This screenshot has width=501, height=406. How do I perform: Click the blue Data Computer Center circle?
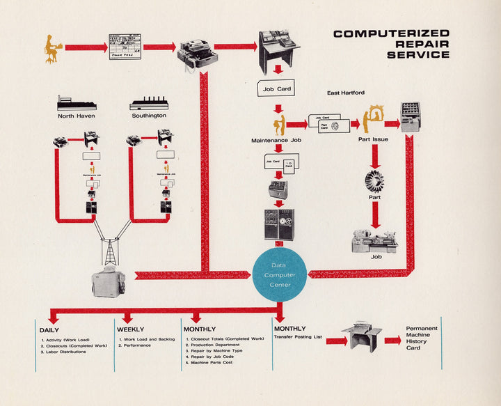pos(279,274)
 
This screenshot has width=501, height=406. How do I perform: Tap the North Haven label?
pos(77,116)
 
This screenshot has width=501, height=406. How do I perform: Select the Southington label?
pos(149,116)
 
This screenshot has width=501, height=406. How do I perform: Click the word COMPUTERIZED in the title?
pos(391,33)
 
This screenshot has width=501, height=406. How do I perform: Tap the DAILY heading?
pos(49,329)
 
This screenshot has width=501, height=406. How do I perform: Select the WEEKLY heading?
pos(132,329)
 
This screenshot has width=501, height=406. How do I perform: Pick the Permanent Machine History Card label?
pos(422,338)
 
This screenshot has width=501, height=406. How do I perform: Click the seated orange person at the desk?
pos(51,47)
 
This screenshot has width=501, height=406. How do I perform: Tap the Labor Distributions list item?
pos(65,352)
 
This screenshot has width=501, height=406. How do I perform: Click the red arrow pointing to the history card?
pos(392,341)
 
